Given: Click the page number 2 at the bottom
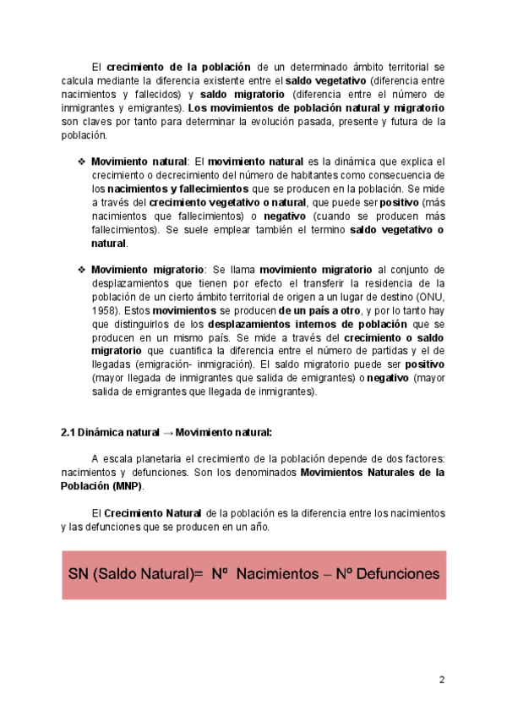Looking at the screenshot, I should (441, 681).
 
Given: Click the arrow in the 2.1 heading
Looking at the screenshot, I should (166, 432).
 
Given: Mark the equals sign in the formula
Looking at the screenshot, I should (199, 573).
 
